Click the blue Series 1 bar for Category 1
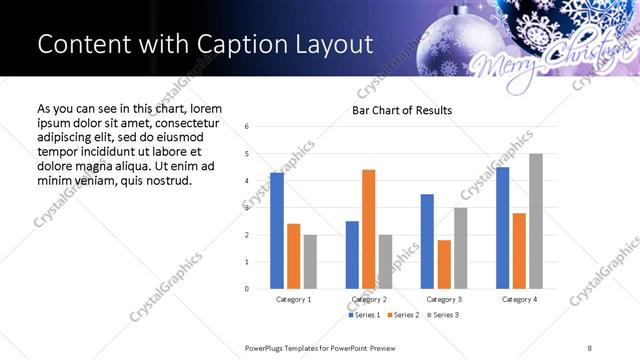coord(277,231)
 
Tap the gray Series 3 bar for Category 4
coord(536,221)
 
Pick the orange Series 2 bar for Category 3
coord(444,264)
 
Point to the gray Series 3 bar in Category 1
coord(310,262)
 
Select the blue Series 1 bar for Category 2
coord(352,255)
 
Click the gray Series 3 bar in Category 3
coord(461,248)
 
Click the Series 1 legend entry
coord(364,315)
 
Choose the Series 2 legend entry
coord(402,315)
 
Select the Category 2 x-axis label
coord(369,299)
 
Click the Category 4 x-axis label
coord(519,299)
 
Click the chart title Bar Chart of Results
coord(402,109)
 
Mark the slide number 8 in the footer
coord(590,346)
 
